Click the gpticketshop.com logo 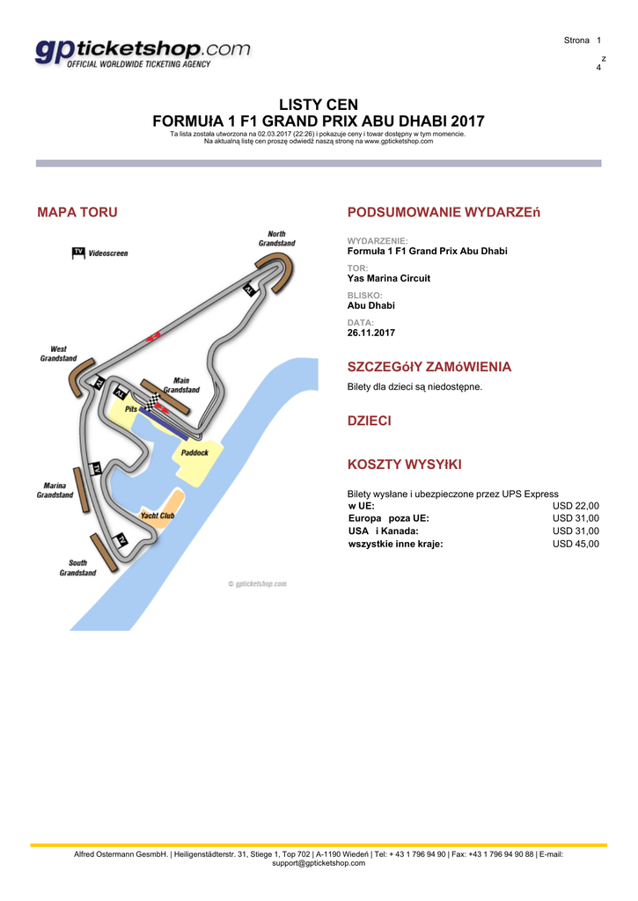(143, 54)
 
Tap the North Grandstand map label (276, 238)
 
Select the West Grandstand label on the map (58, 354)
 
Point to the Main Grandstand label (181, 385)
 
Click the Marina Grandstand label (55, 490)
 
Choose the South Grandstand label (77, 568)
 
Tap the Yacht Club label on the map (158, 516)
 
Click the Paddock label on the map (194, 453)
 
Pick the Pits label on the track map (131, 409)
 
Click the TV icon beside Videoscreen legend (78, 253)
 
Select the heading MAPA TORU (77, 212)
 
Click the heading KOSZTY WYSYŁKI (405, 464)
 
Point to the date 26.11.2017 (371, 333)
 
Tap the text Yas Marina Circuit (389, 278)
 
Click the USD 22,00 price (576, 506)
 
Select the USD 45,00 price (576, 544)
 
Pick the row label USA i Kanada (384, 531)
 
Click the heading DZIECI (370, 421)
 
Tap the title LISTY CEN (319, 105)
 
